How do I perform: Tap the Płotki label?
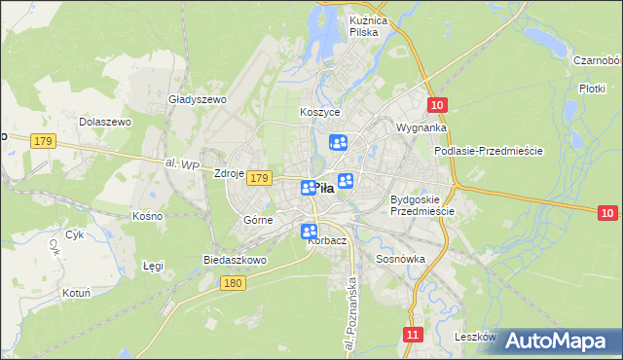pos(593,89)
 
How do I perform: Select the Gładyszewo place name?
pos(198,99)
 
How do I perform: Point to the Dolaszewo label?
pos(105,122)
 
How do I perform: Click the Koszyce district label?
pos(318,112)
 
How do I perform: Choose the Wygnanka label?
pos(421,127)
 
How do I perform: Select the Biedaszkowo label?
pos(235,260)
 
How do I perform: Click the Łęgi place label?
pos(153,265)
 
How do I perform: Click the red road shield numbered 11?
pos(414,334)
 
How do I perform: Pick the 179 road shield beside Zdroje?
pos(258,178)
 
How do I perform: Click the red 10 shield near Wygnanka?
pos(437,105)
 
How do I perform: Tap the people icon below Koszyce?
pos(338,143)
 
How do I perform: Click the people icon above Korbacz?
pos(309,232)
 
